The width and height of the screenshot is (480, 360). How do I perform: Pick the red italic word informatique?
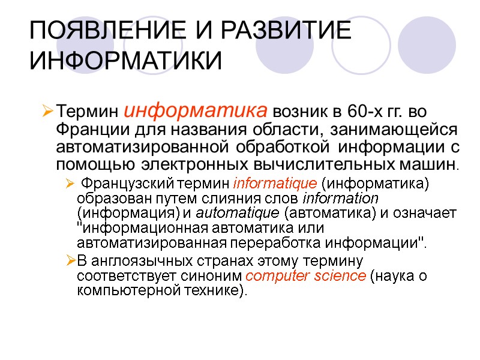[265, 184]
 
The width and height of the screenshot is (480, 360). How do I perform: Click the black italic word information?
[341, 198]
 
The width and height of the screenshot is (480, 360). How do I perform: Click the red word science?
[341, 276]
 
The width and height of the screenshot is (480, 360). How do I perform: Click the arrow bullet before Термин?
[47, 112]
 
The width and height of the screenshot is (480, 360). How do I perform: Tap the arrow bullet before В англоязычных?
[70, 261]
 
